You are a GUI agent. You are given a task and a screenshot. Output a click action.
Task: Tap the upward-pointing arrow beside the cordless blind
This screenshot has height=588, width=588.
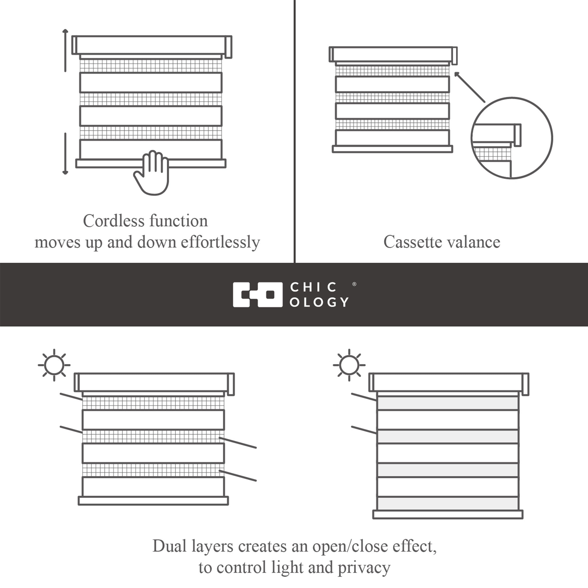(65, 50)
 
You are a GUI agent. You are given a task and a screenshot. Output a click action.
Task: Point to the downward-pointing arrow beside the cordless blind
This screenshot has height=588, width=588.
(65, 154)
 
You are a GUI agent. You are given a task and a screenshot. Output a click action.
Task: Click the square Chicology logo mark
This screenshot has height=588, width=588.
(258, 295)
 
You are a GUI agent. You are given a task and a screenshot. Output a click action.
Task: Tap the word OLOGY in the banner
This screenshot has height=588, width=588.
(319, 302)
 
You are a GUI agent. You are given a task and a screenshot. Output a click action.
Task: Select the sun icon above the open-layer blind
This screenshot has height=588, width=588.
(54, 365)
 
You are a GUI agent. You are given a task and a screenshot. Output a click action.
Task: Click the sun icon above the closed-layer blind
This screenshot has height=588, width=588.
(349, 365)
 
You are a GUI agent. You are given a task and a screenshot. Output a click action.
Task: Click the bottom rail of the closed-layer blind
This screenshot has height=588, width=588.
(448, 514)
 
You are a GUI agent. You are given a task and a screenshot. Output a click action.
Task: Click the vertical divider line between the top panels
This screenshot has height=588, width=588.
(295, 131)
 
